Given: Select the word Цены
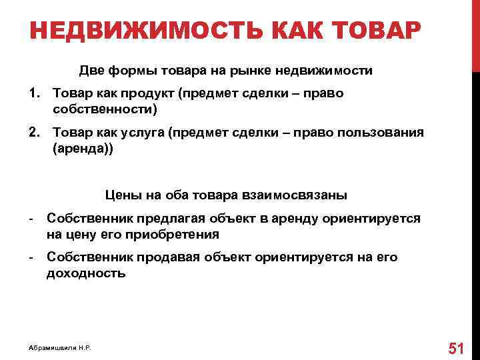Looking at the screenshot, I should click(x=121, y=195).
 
